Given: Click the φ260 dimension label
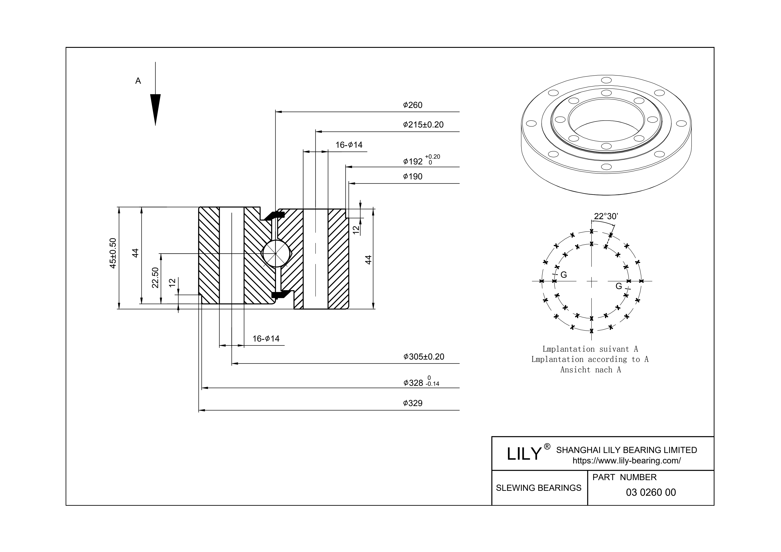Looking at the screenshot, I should pyautogui.click(x=413, y=105).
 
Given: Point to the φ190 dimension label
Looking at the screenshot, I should pyautogui.click(x=413, y=177).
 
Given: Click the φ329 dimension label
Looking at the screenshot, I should pyautogui.click(x=413, y=403).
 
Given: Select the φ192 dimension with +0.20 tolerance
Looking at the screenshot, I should pyautogui.click(x=421, y=160).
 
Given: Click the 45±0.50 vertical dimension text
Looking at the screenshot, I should pyautogui.click(x=113, y=253).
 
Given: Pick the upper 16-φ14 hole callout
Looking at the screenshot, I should pyautogui.click(x=349, y=145).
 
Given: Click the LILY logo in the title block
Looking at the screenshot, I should pyautogui.click(x=524, y=454).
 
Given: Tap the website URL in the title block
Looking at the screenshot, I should pyautogui.click(x=627, y=461).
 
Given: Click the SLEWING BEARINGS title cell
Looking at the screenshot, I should pyautogui.click(x=539, y=488).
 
